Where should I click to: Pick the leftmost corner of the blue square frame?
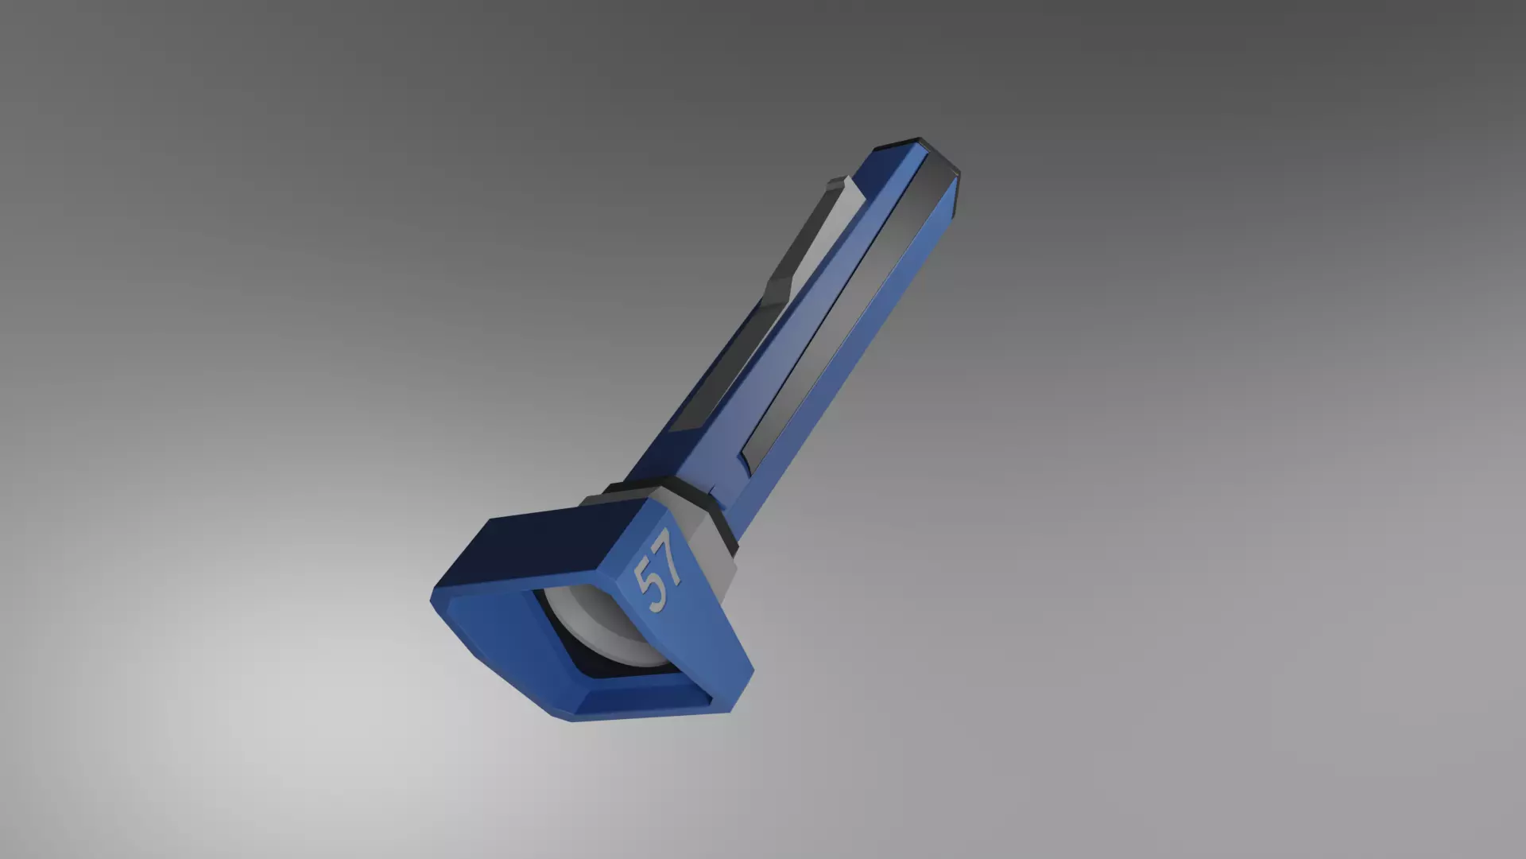click(x=433, y=601)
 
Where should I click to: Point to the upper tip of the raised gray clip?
click(x=835, y=185)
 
